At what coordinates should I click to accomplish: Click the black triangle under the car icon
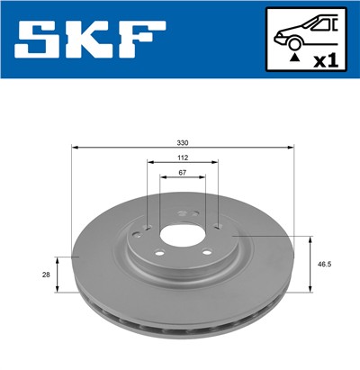pos(293,56)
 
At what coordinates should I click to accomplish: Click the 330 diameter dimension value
pos(184,142)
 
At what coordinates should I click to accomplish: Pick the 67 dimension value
pos(184,175)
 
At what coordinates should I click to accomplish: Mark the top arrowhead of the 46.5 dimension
pos(311,238)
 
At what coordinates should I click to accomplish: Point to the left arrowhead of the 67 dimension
pos(163,180)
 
